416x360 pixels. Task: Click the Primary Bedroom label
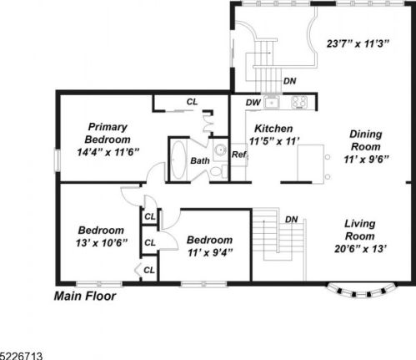pyautogui.click(x=112, y=133)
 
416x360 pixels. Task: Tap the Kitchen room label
pyautogui.click(x=273, y=128)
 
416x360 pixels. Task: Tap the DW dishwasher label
pyautogui.click(x=253, y=103)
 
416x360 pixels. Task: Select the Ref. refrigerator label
pyautogui.click(x=238, y=155)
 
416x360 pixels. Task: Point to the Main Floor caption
pyautogui.click(x=85, y=296)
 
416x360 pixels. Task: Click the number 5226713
pyautogui.click(x=22, y=355)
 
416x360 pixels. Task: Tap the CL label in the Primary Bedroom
pyautogui.click(x=193, y=102)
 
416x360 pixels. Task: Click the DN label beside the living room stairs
pyautogui.click(x=291, y=220)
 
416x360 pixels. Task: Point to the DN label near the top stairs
pyautogui.click(x=289, y=82)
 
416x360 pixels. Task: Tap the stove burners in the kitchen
pyautogui.click(x=298, y=103)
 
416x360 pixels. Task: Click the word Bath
pyautogui.click(x=200, y=160)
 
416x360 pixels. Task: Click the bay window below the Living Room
pyautogui.click(x=359, y=292)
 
